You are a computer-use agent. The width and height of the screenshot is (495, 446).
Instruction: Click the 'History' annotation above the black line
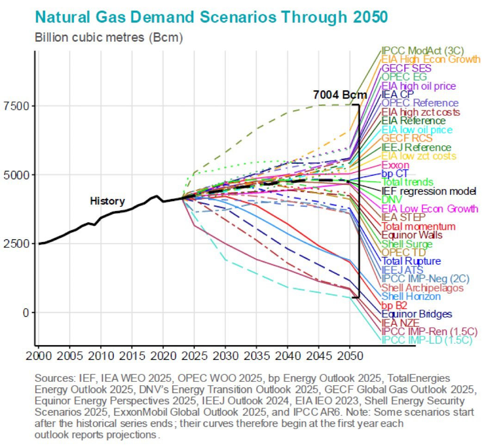pos(107,201)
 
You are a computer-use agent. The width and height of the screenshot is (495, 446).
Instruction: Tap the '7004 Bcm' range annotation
pos(340,95)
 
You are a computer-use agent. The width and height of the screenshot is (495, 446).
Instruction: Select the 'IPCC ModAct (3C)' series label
pos(422,50)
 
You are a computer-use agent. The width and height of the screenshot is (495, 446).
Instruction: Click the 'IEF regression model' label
pos(428,191)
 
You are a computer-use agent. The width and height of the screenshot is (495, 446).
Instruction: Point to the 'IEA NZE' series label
pos(400,323)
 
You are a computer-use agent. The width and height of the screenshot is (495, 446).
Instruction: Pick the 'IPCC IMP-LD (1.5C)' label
pos(428,341)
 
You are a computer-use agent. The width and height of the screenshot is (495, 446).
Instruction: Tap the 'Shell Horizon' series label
pos(411,297)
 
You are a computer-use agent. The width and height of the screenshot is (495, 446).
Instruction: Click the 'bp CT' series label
pos(394,173)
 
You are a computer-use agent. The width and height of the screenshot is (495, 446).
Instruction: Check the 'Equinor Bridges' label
pos(416,314)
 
